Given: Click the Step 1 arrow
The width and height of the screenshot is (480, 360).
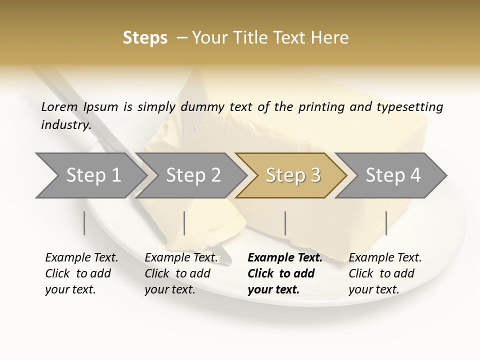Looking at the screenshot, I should tap(93, 175).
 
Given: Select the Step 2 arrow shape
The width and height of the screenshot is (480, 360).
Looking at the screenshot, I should tap(193, 175).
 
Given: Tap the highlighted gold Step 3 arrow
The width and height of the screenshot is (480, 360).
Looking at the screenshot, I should tap(292, 175).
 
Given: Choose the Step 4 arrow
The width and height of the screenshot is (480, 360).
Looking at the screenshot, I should tap(393, 175).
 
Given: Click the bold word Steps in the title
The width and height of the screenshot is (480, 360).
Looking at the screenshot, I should tap(145, 38).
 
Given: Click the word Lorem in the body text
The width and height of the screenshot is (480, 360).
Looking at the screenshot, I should tap(59, 107).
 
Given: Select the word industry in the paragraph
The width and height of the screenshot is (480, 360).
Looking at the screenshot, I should tap(65, 125).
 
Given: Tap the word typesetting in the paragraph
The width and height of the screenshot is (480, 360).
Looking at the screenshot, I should tap(410, 107).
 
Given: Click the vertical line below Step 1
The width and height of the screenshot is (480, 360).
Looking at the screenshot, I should tap(84, 223).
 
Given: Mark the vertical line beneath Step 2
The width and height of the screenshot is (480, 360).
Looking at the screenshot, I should tap(184, 223).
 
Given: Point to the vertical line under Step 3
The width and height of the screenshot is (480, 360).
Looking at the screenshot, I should tap(285, 223).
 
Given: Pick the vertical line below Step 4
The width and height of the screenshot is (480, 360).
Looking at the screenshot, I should tap(386, 223).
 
